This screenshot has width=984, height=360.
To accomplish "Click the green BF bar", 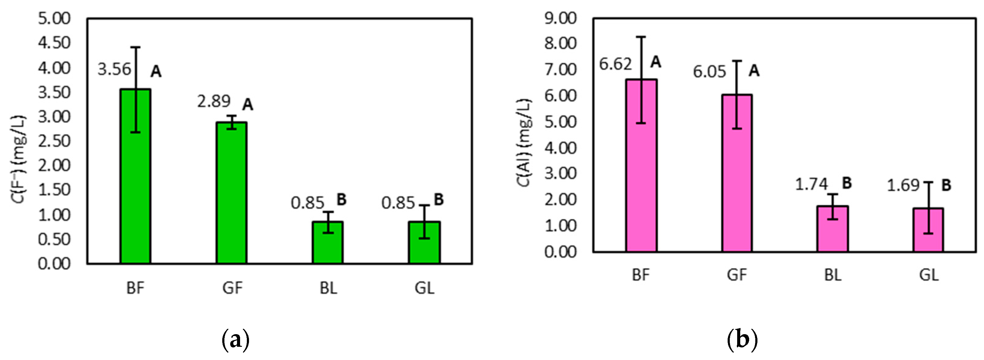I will coord(135,176).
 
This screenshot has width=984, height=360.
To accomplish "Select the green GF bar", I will coord(231,193).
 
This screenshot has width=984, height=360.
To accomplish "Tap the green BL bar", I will coord(328,242).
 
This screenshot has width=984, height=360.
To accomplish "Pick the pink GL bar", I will coord(928,230).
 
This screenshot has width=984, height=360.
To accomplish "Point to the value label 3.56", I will coord(114,69).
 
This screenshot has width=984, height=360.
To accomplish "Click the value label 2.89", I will coord(214,101).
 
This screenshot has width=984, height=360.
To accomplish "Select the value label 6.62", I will coord(615,64).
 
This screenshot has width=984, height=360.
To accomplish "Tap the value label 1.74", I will coord(811,184).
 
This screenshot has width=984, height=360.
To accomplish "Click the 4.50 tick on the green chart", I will coord(54,43).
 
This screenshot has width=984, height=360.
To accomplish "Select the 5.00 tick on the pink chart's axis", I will coord(560,122).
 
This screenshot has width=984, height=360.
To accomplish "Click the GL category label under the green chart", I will coord(425,288).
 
